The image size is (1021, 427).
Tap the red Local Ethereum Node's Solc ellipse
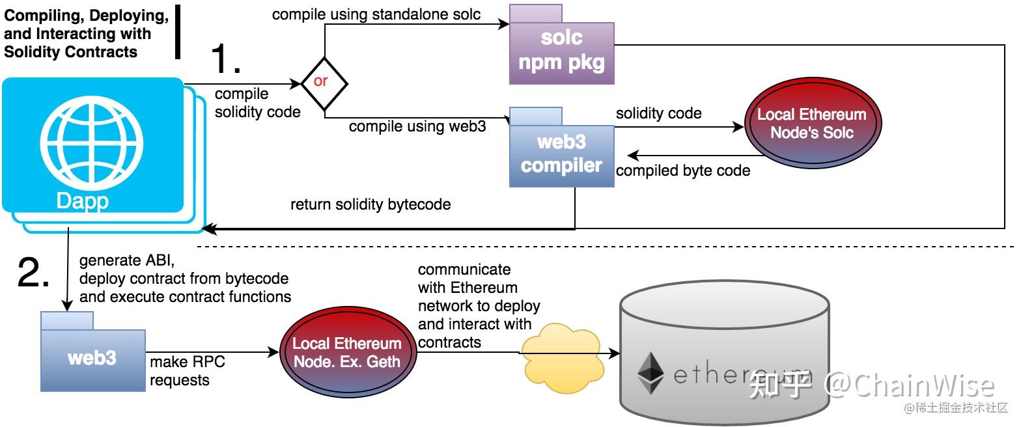(813, 123)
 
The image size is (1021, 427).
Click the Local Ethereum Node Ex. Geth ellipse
(347, 352)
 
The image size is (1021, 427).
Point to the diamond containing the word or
(324, 84)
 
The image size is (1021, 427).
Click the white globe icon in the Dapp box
(92, 143)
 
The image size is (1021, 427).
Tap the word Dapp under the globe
(83, 201)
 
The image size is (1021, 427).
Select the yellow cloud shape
(563, 358)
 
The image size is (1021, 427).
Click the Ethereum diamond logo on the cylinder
(650, 373)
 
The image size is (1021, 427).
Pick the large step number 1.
(225, 59)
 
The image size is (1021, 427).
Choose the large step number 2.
(33, 272)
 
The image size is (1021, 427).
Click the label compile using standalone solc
(376, 14)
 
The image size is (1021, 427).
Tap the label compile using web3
(417, 126)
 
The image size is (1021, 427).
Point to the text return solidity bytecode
(371, 204)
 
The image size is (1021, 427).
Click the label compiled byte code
(683, 171)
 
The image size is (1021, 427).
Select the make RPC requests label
(188, 370)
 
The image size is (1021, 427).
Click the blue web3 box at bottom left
(93, 351)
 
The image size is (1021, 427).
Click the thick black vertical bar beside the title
(178, 32)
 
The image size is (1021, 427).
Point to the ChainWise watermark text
(909, 385)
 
